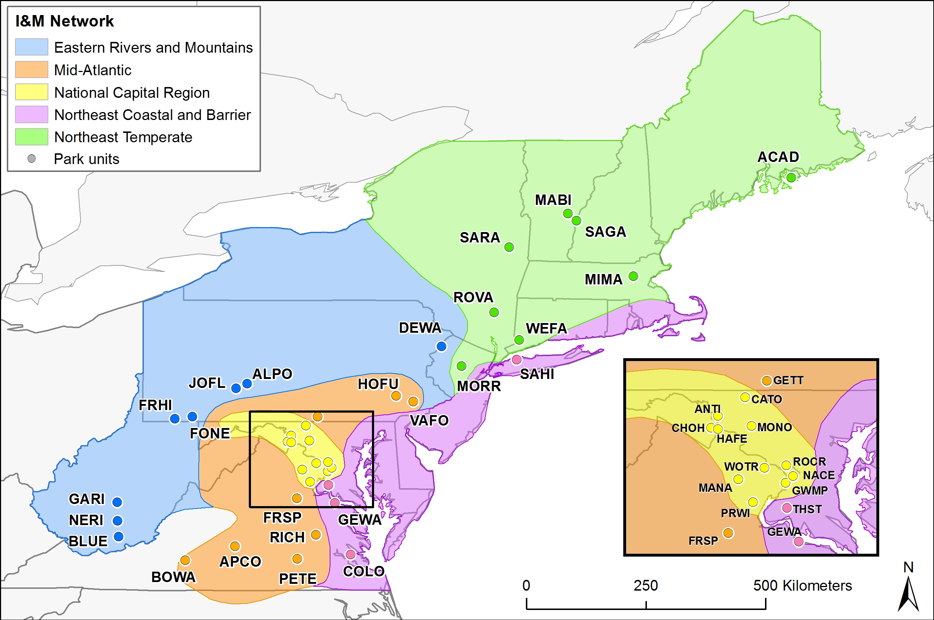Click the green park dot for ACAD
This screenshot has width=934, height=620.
point(791,178)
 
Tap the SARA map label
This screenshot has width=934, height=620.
point(480,237)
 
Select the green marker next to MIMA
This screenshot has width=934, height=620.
point(633,276)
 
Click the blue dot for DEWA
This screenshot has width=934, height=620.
point(441,346)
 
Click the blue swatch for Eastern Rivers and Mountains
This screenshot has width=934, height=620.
point(32,47)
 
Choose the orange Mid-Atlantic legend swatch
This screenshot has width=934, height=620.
point(32,69)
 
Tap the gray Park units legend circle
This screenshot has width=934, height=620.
point(32,159)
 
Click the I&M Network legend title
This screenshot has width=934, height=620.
point(64,21)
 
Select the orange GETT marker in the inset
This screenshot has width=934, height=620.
point(767,381)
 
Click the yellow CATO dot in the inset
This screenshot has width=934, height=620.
point(745,397)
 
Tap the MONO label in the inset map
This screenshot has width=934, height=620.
point(774,427)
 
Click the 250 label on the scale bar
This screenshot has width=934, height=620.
point(645,586)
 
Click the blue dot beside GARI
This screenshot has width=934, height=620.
point(117,502)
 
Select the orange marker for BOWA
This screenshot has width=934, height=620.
point(185,560)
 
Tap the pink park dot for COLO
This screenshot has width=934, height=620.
point(350,554)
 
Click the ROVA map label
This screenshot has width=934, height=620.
point(473,297)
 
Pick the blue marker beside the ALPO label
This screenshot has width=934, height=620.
point(247,384)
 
